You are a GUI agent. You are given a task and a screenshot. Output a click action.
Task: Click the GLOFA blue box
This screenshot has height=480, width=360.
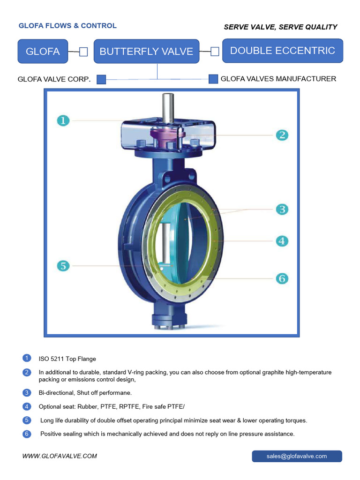(x=43, y=52)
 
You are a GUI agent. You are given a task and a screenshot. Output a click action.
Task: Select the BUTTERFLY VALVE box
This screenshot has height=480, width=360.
(x=146, y=52)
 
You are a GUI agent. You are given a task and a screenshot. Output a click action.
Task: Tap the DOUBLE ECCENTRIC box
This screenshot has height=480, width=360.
(x=282, y=51)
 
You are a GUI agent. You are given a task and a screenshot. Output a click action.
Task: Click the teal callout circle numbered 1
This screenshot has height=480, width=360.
(x=63, y=120)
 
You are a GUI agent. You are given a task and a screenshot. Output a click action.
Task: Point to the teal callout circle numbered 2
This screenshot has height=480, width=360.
(x=282, y=135)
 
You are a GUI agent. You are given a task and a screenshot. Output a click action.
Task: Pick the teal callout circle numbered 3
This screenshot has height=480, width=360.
(x=282, y=209)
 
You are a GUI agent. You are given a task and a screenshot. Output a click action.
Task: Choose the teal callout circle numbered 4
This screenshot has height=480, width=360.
(x=282, y=241)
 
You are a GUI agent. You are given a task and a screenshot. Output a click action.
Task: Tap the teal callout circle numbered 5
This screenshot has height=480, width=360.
(x=63, y=266)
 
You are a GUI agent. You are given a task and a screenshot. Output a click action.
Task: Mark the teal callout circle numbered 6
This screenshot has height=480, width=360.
(x=282, y=278)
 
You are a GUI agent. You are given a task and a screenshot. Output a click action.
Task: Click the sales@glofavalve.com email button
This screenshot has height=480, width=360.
(x=297, y=456)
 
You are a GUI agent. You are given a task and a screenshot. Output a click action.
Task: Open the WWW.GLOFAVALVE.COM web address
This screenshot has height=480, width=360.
(x=60, y=456)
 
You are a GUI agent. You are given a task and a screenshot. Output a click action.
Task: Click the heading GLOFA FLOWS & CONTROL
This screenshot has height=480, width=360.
(x=67, y=26)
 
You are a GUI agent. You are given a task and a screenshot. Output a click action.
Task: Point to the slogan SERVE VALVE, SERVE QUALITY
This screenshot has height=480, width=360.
(x=280, y=27)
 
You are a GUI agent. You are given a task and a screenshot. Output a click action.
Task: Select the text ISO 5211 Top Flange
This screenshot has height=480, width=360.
(x=67, y=359)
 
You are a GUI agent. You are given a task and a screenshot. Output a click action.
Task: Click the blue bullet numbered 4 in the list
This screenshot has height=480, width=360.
(x=27, y=406)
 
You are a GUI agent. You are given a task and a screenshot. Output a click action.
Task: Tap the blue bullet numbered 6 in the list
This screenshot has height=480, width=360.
(x=27, y=434)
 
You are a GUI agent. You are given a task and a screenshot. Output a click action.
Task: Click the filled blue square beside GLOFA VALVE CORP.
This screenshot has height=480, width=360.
(x=101, y=79)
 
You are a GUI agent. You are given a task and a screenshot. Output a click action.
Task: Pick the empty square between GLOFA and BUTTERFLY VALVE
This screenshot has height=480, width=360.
(x=83, y=52)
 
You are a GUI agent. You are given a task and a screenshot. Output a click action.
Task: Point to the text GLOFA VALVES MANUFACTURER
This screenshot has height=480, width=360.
(x=278, y=79)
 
